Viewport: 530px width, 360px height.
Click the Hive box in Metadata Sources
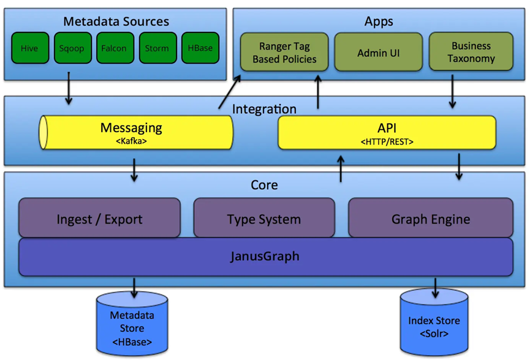pos(29,48)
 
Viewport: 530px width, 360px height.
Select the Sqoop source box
pos(72,48)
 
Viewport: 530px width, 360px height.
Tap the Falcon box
pos(115,48)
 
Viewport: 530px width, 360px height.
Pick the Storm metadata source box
pos(157,48)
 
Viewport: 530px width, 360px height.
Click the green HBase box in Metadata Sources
pos(200,48)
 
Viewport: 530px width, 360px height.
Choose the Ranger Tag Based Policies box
pos(284,53)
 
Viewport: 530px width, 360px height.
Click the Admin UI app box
pos(379,53)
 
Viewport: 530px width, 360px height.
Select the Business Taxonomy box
pos(471,53)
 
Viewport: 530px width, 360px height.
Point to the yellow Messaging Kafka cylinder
pos(136,132)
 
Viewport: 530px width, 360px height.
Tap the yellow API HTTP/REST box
pos(387,132)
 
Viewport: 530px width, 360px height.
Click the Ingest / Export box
pos(99,218)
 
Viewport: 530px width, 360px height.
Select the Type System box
pos(264,218)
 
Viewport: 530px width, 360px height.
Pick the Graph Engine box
pos(431,218)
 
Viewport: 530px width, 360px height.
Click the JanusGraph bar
pos(265,256)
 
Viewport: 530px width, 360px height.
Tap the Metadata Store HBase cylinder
pos(132,324)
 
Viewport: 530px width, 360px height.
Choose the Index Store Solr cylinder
pos(434,323)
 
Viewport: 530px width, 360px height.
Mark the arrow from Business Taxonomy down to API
pos(452,92)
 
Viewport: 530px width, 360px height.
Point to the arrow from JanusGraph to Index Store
pos(435,287)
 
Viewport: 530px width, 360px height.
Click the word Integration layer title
pos(264,109)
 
